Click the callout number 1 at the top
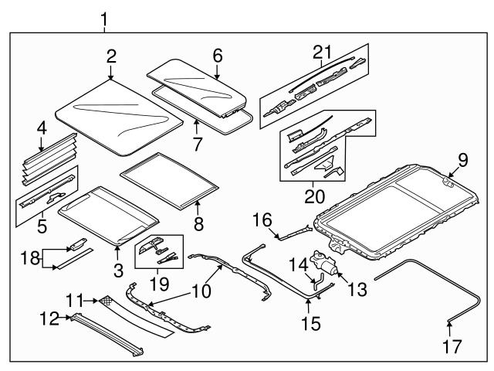click(x=105, y=17)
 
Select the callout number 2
click(x=112, y=56)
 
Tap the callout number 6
click(x=217, y=56)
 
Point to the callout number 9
click(x=463, y=161)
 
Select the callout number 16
click(x=261, y=220)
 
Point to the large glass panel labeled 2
click(x=120, y=116)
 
